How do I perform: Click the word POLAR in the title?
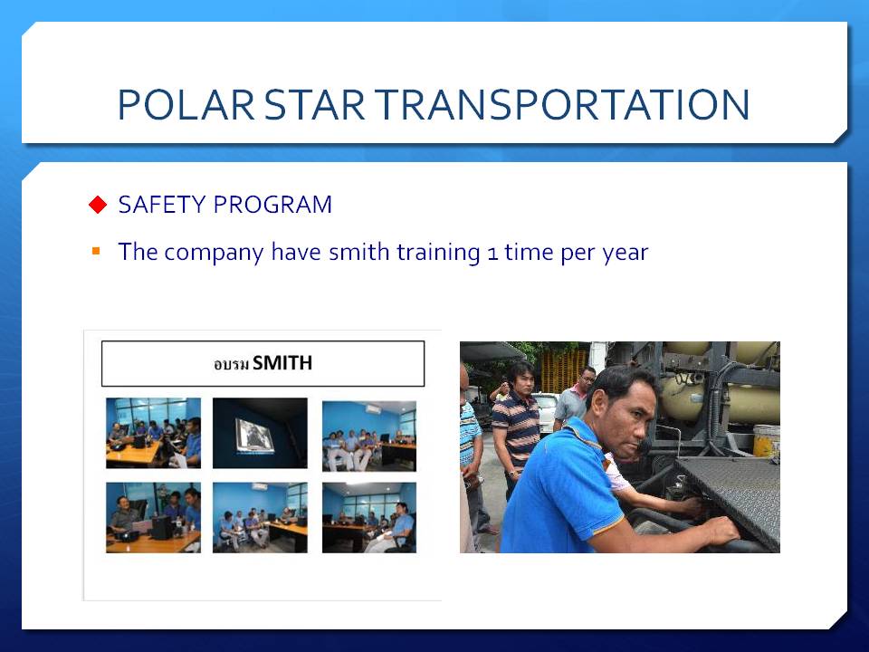tap(186, 104)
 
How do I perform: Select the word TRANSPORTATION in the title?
tap(562, 104)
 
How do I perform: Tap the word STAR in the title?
tap(314, 104)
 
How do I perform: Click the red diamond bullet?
tap(98, 205)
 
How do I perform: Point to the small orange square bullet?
tap(96, 251)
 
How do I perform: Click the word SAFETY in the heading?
tap(162, 205)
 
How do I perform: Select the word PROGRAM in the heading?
tap(272, 205)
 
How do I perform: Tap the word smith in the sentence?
tap(359, 252)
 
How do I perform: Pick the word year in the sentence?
tap(625, 254)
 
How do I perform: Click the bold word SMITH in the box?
tap(282, 363)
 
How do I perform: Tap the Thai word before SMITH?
tap(231, 364)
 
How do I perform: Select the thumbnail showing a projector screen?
tap(260, 433)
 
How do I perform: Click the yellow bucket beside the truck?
tap(767, 441)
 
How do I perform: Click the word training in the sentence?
tap(438, 254)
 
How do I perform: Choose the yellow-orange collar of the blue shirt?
tap(587, 434)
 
